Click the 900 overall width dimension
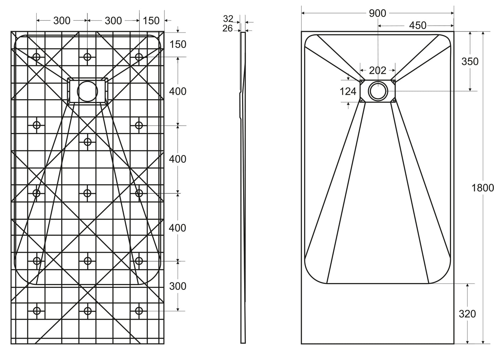(x=377, y=13)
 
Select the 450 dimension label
(x=417, y=25)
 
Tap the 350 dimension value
(x=470, y=62)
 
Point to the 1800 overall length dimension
(x=482, y=188)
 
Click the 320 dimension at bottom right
(x=467, y=313)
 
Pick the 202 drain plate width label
(x=377, y=70)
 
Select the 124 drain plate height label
(x=348, y=91)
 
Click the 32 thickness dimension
(x=228, y=19)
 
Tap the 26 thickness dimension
(x=228, y=28)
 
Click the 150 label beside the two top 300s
(x=151, y=21)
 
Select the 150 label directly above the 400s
(x=178, y=44)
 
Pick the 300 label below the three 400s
(x=178, y=286)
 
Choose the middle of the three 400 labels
(x=178, y=159)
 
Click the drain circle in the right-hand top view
(x=377, y=91)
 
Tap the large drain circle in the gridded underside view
(x=88, y=91)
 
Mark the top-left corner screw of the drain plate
(x=361, y=81)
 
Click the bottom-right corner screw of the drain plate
(x=394, y=101)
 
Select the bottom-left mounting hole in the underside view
(x=37, y=311)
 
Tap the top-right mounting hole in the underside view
(x=139, y=56)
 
